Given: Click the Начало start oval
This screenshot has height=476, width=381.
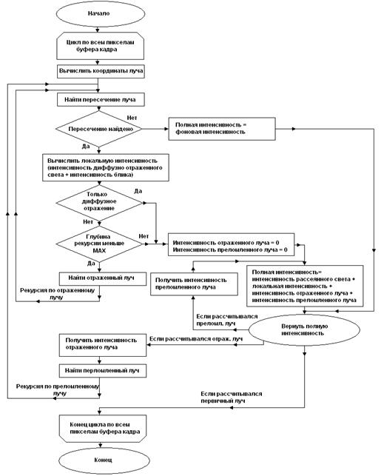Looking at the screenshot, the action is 101,13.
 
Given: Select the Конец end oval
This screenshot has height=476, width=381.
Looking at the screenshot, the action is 104,460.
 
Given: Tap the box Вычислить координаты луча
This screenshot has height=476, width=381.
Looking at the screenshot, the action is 101,71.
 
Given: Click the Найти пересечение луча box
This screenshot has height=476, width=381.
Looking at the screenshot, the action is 101,100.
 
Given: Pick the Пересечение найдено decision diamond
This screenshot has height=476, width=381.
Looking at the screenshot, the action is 99,129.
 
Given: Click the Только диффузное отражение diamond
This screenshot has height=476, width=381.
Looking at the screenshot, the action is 99,203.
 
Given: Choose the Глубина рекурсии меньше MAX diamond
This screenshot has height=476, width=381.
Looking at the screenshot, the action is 99,244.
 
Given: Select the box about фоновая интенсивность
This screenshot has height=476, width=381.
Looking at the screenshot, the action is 222,129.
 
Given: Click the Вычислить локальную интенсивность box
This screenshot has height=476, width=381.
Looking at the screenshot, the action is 106,167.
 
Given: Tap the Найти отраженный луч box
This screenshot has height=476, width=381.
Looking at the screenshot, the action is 103,278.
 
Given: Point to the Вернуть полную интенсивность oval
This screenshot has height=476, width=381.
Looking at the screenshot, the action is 304,329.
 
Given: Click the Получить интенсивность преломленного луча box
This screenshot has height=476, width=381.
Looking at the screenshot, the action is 194,284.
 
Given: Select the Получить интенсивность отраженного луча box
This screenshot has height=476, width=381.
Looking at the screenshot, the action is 103,345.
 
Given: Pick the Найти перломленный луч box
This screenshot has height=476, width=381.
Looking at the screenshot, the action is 103,371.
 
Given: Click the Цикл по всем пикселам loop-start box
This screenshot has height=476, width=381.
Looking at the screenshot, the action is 100,46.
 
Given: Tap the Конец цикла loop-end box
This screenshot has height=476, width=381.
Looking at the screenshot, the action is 103,429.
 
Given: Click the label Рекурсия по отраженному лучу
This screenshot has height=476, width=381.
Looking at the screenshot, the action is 57,294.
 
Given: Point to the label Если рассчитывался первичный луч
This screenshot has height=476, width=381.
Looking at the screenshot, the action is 231,397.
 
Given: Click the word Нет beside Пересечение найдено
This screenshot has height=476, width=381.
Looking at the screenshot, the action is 132,118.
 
